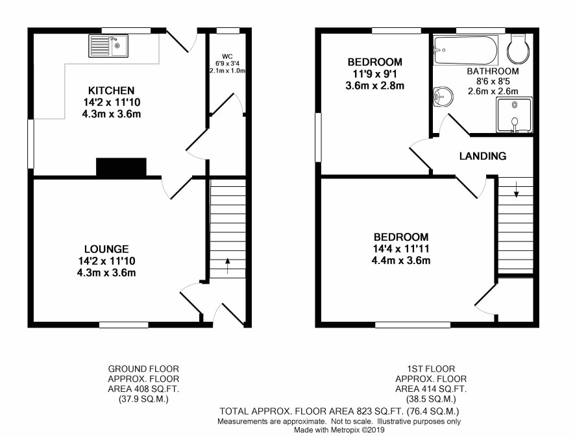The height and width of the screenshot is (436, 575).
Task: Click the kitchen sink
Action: tap(108, 46)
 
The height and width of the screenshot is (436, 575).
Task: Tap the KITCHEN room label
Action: tap(112, 90)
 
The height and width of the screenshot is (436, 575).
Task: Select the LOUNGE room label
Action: tap(106, 249)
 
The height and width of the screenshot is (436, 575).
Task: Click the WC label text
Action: tap(227, 56)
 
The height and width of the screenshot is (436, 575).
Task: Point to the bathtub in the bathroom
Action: tap(466, 50)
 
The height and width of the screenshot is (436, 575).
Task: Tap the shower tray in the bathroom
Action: tap(514, 114)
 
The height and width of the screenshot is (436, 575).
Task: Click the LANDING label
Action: tap(483, 156)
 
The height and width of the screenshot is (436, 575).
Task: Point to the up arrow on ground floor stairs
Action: tap(227, 266)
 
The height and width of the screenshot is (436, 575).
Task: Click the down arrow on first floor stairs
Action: tap(516, 189)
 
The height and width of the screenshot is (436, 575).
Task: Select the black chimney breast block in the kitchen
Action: tap(121, 167)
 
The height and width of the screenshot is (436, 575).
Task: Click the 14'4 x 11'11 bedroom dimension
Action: tap(401, 248)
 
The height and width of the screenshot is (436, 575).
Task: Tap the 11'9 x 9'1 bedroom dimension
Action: tap(374, 74)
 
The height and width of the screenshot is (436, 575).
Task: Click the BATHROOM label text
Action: tap(493, 71)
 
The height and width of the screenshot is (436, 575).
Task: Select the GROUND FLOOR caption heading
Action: tap(143, 369)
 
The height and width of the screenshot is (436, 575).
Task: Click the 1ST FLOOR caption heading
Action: tap(431, 369)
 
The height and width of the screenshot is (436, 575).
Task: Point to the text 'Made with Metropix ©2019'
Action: tap(339, 430)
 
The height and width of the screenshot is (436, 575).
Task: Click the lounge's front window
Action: tap(124, 324)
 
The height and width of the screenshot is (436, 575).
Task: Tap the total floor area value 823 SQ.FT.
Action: tap(378, 411)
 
